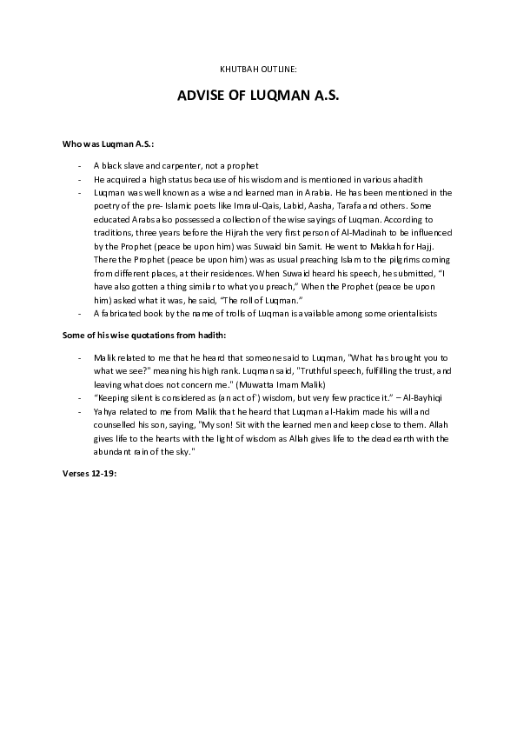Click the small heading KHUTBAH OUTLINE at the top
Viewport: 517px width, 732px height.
(258, 67)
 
